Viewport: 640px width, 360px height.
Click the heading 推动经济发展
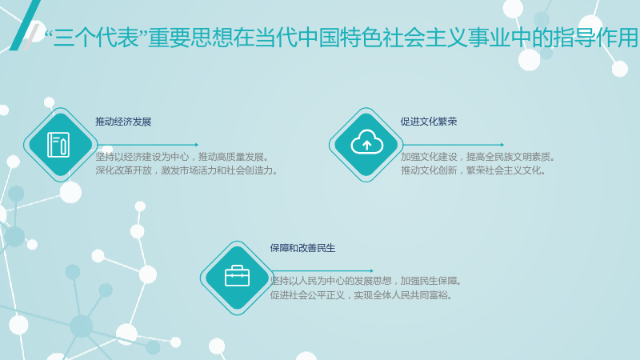pyautogui.click(x=123, y=122)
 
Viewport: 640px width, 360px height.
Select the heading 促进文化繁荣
pyautogui.click(x=429, y=122)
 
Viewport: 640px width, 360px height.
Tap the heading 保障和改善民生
pyautogui.click(x=302, y=248)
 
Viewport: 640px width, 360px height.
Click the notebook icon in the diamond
pyautogui.click(x=58, y=145)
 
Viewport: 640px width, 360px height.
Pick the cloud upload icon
pyautogui.click(x=366, y=142)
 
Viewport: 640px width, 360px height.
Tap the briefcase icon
pyautogui.click(x=237, y=275)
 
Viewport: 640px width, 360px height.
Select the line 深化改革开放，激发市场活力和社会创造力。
pyautogui.click(x=187, y=170)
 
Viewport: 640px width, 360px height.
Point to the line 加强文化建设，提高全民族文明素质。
pyautogui.click(x=478, y=157)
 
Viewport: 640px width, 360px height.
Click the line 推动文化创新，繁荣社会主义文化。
pyautogui.click(x=474, y=170)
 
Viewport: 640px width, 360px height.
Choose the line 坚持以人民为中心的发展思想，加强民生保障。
pyautogui.click(x=366, y=281)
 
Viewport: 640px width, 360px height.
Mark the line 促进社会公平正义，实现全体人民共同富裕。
pyautogui.click(x=362, y=295)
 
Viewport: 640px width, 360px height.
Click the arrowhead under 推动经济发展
pyautogui.click(x=197, y=145)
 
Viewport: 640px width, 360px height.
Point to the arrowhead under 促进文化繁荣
pyautogui.click(x=502, y=145)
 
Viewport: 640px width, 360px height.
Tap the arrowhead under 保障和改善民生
pyautogui.click(x=371, y=270)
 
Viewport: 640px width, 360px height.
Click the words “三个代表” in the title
pyautogui.click(x=95, y=38)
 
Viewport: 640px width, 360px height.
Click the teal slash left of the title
pyautogui.click(x=25, y=25)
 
